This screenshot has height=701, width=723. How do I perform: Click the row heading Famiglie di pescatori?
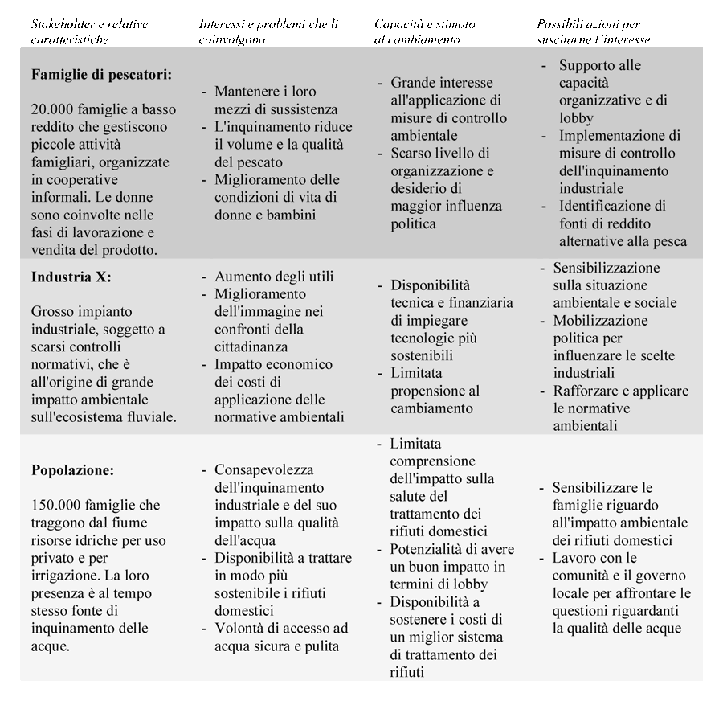point(102,75)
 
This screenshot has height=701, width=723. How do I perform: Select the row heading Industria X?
point(71,277)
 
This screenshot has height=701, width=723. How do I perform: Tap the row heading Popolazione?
point(73,470)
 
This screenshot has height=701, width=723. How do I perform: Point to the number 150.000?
point(62,506)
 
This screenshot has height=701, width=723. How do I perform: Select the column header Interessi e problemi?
point(268,31)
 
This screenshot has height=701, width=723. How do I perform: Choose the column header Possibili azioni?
point(593,31)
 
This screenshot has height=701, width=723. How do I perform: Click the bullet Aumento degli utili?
point(273,277)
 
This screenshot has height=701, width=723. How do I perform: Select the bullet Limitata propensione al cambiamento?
point(435,391)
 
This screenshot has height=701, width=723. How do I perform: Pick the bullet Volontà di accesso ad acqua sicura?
point(280,637)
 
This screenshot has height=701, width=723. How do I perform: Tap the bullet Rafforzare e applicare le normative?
point(619,408)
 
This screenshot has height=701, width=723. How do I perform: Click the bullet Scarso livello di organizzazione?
point(442,188)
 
